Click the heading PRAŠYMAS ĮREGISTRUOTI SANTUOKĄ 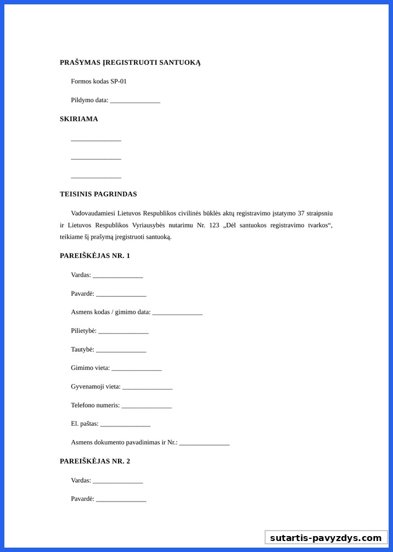(x=130, y=63)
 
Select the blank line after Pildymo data (x=134, y=101)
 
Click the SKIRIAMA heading (x=78, y=119)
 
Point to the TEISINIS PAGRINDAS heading (x=98, y=194)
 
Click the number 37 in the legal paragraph (x=301, y=213)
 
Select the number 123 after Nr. (x=214, y=225)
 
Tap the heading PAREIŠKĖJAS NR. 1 (x=94, y=256)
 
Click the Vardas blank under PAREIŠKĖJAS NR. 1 (x=117, y=276)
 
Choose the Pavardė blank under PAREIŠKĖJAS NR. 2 (x=121, y=500)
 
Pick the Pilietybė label (x=83, y=331)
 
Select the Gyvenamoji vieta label (x=96, y=387)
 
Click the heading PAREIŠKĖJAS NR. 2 (x=94, y=461)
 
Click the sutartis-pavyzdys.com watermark (x=325, y=538)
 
